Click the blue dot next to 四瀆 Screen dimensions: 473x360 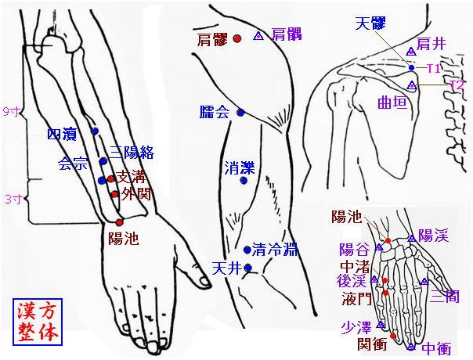96,131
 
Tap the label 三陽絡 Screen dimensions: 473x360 132,153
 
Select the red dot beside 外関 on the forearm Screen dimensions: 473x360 114,194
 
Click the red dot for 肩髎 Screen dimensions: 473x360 237,38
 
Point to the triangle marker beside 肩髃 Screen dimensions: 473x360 258,36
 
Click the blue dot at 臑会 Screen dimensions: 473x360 240,113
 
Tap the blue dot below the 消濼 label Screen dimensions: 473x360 244,181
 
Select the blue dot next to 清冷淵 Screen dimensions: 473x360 247,250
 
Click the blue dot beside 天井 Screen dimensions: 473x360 248,268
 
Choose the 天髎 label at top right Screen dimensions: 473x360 370,23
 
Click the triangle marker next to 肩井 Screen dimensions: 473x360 411,52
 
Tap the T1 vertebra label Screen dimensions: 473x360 434,69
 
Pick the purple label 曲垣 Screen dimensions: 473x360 392,103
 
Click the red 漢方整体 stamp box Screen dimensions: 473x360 38,322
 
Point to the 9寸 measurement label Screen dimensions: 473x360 11,112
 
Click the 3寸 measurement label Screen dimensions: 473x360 13,200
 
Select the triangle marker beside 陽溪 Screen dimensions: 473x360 412,239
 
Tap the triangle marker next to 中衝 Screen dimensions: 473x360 411,347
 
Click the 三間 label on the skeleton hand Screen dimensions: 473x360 445,296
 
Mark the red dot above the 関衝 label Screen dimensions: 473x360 393,336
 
